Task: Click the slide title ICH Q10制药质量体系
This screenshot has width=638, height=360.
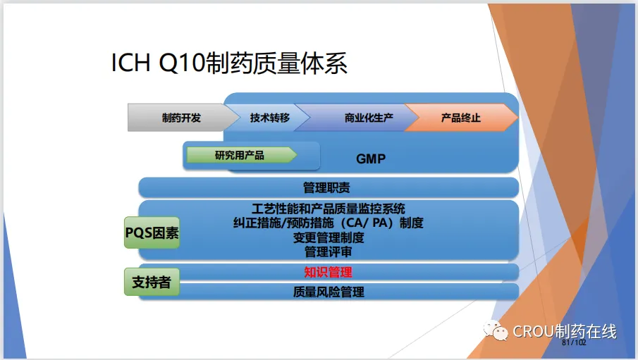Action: click(229, 63)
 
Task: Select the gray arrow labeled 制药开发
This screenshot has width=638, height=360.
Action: click(183, 118)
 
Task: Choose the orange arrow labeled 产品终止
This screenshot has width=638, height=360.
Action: click(461, 118)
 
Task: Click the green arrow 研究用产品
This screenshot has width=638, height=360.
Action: click(242, 155)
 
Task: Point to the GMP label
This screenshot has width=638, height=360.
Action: click(371, 159)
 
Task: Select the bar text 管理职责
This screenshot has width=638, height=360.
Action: click(326, 187)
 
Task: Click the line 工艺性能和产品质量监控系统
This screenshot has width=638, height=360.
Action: click(328, 209)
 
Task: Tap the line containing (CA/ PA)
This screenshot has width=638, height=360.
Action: click(328, 223)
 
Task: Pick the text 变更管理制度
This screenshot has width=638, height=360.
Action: click(329, 237)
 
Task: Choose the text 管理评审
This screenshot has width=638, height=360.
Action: click(328, 252)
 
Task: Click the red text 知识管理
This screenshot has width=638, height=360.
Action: click(328, 272)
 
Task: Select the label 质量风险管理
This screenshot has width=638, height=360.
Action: click(329, 292)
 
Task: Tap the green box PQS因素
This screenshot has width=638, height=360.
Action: click(152, 232)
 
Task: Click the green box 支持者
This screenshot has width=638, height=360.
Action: click(152, 282)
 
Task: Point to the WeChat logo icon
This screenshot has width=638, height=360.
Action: click(495, 330)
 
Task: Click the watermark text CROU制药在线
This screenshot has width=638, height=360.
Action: click(565, 331)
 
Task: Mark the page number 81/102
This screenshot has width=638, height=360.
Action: click(574, 342)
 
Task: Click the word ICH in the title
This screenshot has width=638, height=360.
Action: click(130, 63)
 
